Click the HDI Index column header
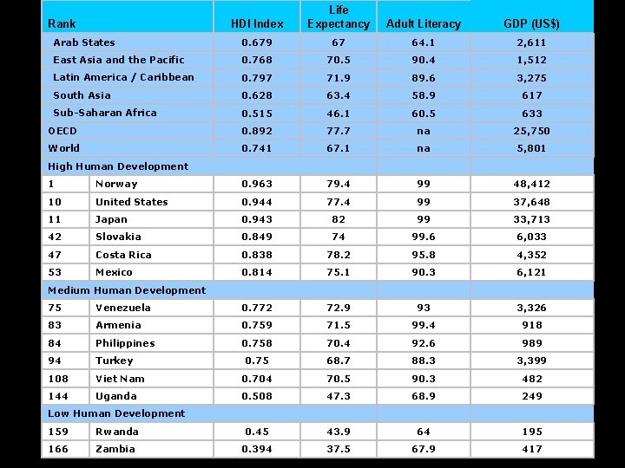257,23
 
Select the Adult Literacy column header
424,23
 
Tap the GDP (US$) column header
531,23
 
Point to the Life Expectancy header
338,16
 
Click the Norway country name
116,184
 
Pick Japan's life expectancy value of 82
338,219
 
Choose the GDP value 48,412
531,184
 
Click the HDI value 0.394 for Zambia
257,449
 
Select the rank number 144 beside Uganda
58,396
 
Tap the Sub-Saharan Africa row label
105,113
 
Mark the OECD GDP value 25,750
531,131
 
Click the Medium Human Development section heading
127,290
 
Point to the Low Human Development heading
116,413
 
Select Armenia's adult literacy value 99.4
424,325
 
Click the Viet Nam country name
122,379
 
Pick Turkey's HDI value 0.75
257,361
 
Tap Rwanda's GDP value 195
531,432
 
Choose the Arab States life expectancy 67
338,42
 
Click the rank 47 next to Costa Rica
56,255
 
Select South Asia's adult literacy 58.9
424,95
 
